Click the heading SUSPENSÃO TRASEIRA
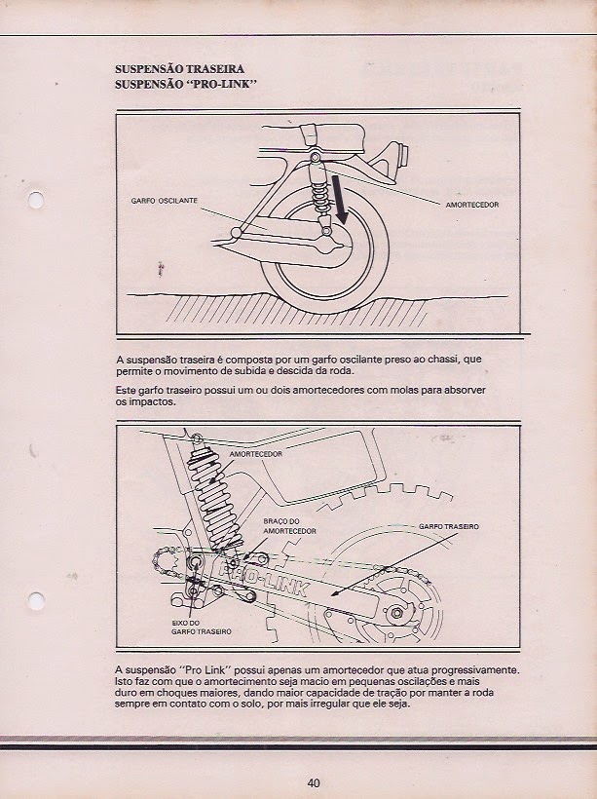(179, 69)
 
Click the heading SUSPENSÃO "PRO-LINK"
(185, 85)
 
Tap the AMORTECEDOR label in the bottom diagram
(256, 455)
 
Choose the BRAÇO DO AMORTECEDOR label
(289, 527)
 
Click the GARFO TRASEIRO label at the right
(448, 525)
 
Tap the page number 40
(314, 782)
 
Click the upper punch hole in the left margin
(37, 202)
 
